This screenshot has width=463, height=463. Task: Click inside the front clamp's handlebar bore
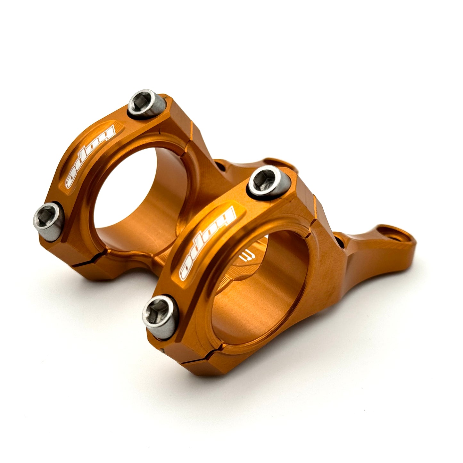[256, 288]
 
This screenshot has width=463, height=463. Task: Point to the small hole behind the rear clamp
[221, 167]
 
